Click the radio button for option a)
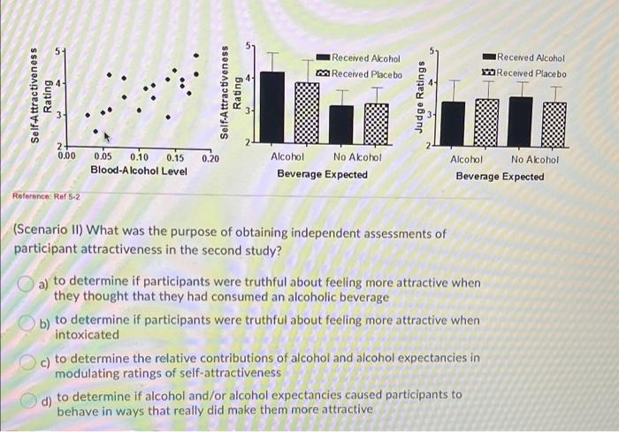(x=27, y=284)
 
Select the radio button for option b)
(x=27, y=321)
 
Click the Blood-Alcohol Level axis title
(x=139, y=170)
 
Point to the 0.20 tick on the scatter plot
(x=210, y=158)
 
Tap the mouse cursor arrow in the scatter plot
(x=106, y=137)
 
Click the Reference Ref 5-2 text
(x=46, y=195)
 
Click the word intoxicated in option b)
(x=87, y=335)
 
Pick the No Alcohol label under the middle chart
(x=356, y=157)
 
